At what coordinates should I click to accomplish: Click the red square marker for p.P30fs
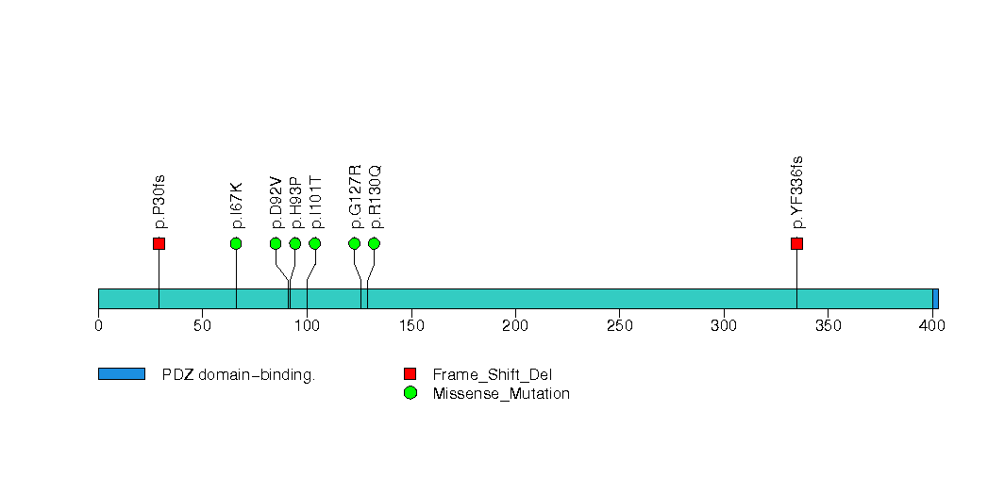pos(159,244)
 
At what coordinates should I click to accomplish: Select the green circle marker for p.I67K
pos(236,244)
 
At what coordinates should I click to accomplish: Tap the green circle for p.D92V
pos(276,244)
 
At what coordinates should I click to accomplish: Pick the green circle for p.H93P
pos(295,244)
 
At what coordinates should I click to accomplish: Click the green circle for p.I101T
pos(315,244)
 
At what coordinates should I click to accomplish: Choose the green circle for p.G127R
pos(355,244)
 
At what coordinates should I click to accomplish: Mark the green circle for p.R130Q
pos(374,244)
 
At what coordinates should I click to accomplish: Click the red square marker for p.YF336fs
pos(796,244)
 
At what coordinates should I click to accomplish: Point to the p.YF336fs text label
pos(797,192)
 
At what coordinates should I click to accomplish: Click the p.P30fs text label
pos(159,202)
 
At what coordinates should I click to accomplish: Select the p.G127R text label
pos(356,197)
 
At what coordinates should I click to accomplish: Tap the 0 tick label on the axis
pos(98,326)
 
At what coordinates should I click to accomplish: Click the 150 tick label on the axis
pos(410,326)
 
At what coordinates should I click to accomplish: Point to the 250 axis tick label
pos(619,326)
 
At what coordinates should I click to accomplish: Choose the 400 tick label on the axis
pos(932,326)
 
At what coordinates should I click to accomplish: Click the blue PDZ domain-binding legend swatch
pos(121,374)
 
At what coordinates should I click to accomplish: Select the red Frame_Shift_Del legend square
pos(410,374)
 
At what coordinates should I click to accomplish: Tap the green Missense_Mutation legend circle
pos(410,393)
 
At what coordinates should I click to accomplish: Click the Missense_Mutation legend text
pos(500,394)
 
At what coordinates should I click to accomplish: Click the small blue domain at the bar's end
pos(935,299)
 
